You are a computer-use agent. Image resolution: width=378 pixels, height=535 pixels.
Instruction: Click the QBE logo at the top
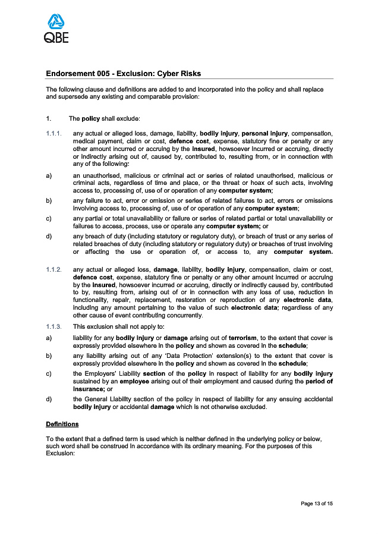pyautogui.click(x=56, y=29)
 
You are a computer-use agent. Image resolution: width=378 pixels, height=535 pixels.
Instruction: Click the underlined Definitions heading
pyautogui.click(x=62, y=424)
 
